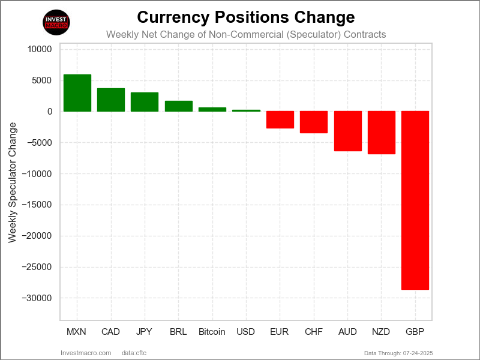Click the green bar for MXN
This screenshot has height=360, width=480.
pyautogui.click(x=77, y=93)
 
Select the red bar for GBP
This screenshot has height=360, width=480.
pyautogui.click(x=415, y=200)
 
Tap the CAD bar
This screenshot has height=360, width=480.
pyautogui.click(x=111, y=100)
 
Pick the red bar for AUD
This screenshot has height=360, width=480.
pyautogui.click(x=347, y=131)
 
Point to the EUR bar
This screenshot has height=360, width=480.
pyautogui.click(x=280, y=119)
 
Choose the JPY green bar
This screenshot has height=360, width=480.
pyautogui.click(x=145, y=102)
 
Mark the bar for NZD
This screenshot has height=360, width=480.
pyautogui.click(x=381, y=133)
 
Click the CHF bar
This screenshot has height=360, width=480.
pyautogui.click(x=314, y=122)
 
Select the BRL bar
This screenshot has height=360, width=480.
pyautogui.click(x=178, y=106)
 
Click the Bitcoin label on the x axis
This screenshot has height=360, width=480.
pyautogui.click(x=212, y=332)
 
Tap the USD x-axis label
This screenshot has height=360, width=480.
pyautogui.click(x=246, y=332)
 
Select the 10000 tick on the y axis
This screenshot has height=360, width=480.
pyautogui.click(x=40, y=49)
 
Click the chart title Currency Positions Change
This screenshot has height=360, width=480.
pyautogui.click(x=246, y=17)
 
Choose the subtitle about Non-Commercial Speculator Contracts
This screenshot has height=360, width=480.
pyautogui.click(x=246, y=34)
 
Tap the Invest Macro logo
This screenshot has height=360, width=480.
pyautogui.click(x=57, y=22)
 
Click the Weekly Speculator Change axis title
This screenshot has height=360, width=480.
pyautogui.click(x=13, y=182)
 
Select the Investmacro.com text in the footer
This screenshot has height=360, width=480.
pyautogui.click(x=86, y=352)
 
